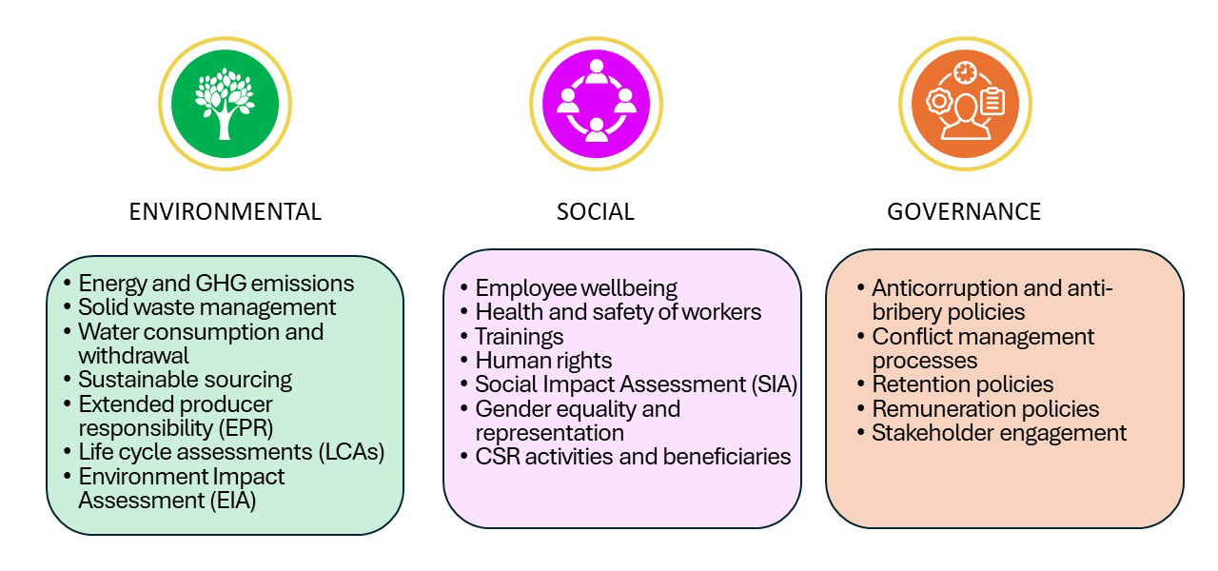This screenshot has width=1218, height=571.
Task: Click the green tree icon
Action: tap(225, 103)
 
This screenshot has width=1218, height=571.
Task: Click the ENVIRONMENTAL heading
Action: tap(225, 211)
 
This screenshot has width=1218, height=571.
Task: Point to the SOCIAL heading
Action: tap(596, 211)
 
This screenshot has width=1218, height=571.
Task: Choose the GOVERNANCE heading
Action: tap(964, 211)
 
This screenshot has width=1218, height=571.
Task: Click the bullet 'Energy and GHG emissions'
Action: tap(216, 284)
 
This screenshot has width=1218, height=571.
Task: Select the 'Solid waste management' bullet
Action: tap(206, 307)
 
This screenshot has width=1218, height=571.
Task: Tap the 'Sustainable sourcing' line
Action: tap(185, 380)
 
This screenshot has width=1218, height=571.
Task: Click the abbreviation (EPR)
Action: tap(252, 427)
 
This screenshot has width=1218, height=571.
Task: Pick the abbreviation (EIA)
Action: tap(231, 500)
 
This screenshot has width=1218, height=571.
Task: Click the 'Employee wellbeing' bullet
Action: tap(576, 288)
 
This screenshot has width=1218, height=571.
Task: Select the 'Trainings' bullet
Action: tap(519, 337)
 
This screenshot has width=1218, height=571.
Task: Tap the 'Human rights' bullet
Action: tap(543, 361)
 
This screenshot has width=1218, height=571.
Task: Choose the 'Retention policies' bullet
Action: tap(962, 384)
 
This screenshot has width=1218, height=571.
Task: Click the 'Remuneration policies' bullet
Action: tap(985, 409)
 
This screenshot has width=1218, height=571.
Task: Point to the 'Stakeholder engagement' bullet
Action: tap(999, 433)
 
